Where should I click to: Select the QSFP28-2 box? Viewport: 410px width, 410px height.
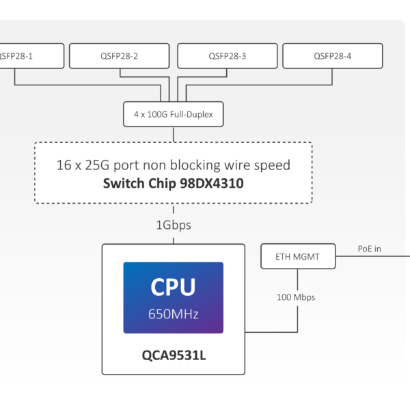119,56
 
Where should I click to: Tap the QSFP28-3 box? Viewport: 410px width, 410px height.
227,56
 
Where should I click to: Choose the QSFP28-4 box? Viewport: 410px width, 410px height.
332,56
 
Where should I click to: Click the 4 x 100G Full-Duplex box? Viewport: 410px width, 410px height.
173,114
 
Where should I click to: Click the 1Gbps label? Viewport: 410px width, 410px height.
174,225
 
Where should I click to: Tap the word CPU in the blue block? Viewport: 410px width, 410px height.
173,287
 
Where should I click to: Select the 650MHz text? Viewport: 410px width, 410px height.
173,315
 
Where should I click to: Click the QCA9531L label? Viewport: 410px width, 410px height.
173,355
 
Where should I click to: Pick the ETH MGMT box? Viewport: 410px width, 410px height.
298,256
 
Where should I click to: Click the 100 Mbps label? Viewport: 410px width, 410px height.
297,298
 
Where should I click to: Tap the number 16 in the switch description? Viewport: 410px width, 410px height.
64,165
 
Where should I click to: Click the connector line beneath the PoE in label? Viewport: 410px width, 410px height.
372,256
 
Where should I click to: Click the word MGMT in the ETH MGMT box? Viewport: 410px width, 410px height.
307,256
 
